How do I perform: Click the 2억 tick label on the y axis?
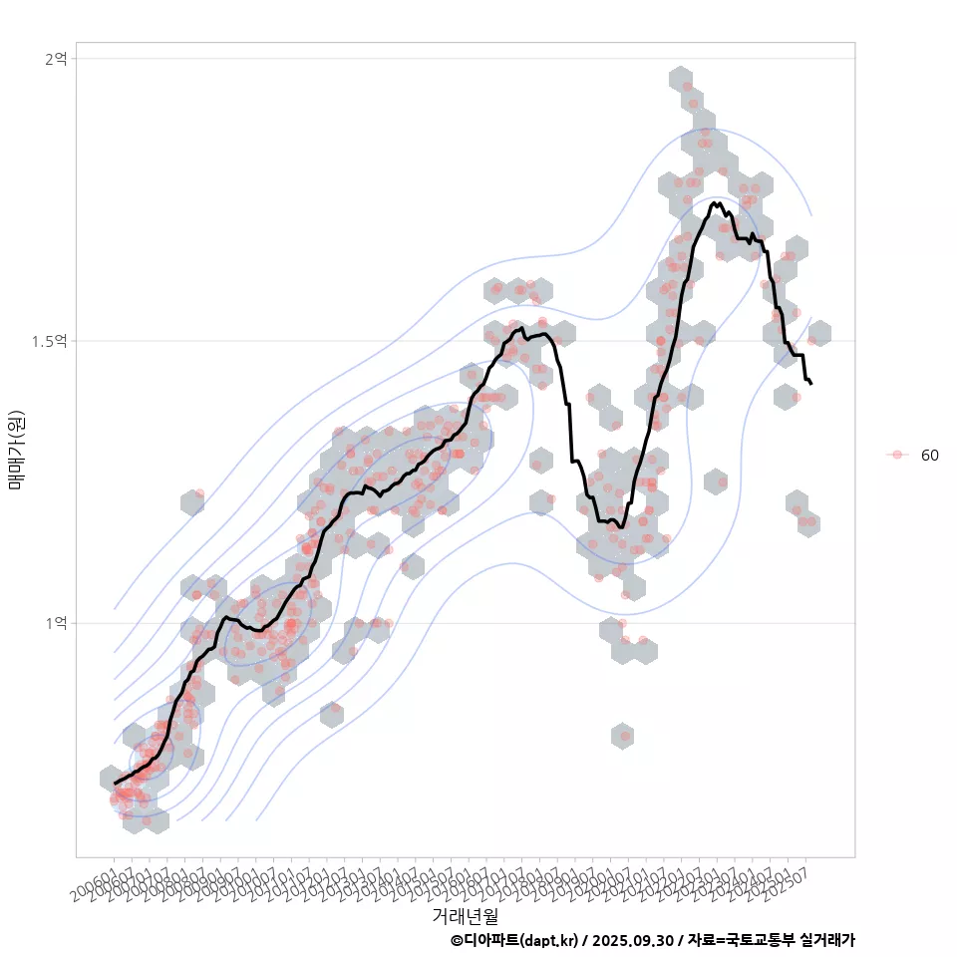coord(55,59)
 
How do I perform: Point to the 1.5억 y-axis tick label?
coord(49,341)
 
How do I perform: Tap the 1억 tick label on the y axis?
coord(55,623)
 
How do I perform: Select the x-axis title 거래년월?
coord(465,915)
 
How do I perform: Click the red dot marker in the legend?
coord(897,455)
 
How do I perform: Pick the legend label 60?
coord(929,455)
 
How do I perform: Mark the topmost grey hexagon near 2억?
coord(681,80)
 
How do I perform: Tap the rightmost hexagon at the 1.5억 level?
coord(819,335)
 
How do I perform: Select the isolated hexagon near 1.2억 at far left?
coord(193,502)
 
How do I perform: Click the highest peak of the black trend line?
coord(714,203)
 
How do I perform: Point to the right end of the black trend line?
coord(811,384)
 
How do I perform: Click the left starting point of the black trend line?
coord(115,783)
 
